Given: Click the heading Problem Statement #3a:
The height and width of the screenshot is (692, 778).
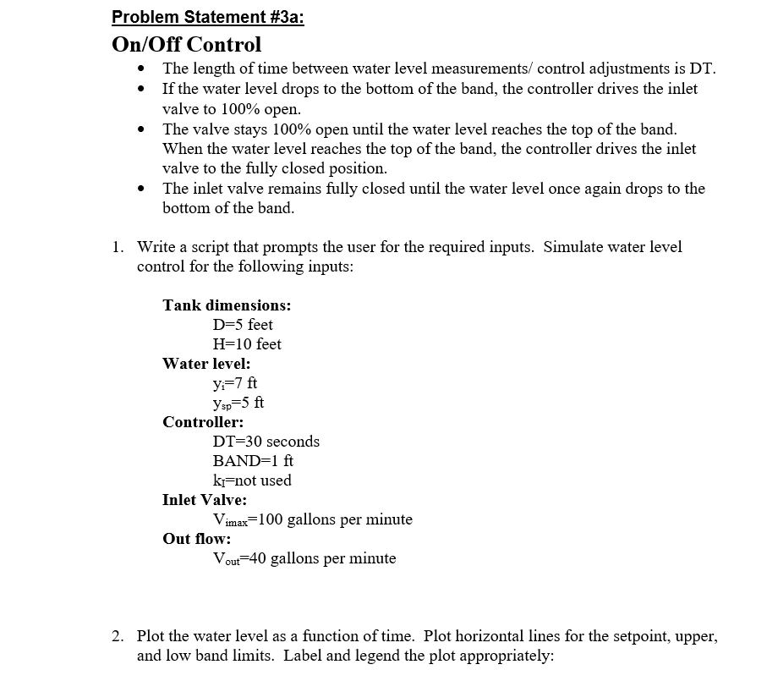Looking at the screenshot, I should (207, 17).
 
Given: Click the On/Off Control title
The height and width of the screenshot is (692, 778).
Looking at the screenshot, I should (186, 44).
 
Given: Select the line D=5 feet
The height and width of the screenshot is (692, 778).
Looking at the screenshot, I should (244, 325).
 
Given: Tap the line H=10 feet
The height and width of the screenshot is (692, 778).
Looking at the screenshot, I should (248, 344).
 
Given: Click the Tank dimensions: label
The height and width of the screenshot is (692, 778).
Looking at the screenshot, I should (227, 305).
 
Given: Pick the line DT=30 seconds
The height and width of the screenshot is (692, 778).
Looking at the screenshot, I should (266, 442).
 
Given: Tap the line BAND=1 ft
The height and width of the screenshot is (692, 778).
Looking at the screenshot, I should (254, 461).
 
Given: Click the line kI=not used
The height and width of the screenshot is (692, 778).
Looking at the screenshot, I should (252, 481).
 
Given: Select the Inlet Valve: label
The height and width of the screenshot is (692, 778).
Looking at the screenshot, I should (205, 500).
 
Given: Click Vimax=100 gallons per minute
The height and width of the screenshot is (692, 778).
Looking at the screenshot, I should (313, 519).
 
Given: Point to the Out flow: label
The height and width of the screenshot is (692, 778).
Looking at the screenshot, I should (197, 539).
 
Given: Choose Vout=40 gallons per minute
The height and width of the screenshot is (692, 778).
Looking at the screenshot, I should (304, 558).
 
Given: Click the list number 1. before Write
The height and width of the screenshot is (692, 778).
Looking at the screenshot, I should (119, 247).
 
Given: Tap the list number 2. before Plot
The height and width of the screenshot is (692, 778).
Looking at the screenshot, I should (119, 636).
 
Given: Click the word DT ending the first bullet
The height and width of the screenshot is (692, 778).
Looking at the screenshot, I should (694, 69).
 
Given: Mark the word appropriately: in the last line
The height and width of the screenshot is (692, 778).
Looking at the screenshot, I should (504, 656).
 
